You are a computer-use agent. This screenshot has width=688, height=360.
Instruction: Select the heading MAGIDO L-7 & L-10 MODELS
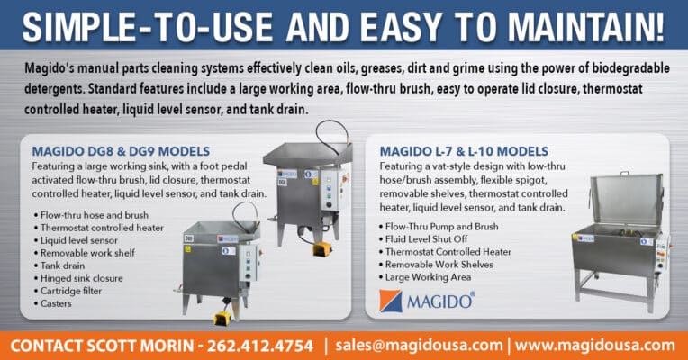tap(464, 150)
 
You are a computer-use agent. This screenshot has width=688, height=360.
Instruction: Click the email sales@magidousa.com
tap(419, 346)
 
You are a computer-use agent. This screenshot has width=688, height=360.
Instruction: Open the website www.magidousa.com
tap(594, 346)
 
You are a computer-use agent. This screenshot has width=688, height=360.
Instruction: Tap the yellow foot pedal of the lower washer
tap(220, 317)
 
